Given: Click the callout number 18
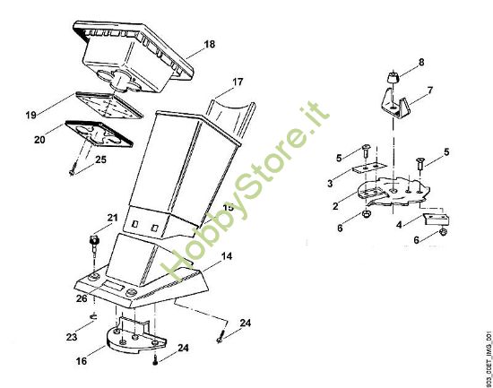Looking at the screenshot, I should pyautogui.click(x=209, y=43).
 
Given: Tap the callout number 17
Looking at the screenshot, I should pyautogui.click(x=238, y=82).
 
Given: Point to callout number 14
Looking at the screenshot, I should pyautogui.click(x=227, y=256).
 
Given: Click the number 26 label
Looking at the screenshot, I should pyautogui.click(x=81, y=298).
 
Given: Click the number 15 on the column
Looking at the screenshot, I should pyautogui.click(x=228, y=209).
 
